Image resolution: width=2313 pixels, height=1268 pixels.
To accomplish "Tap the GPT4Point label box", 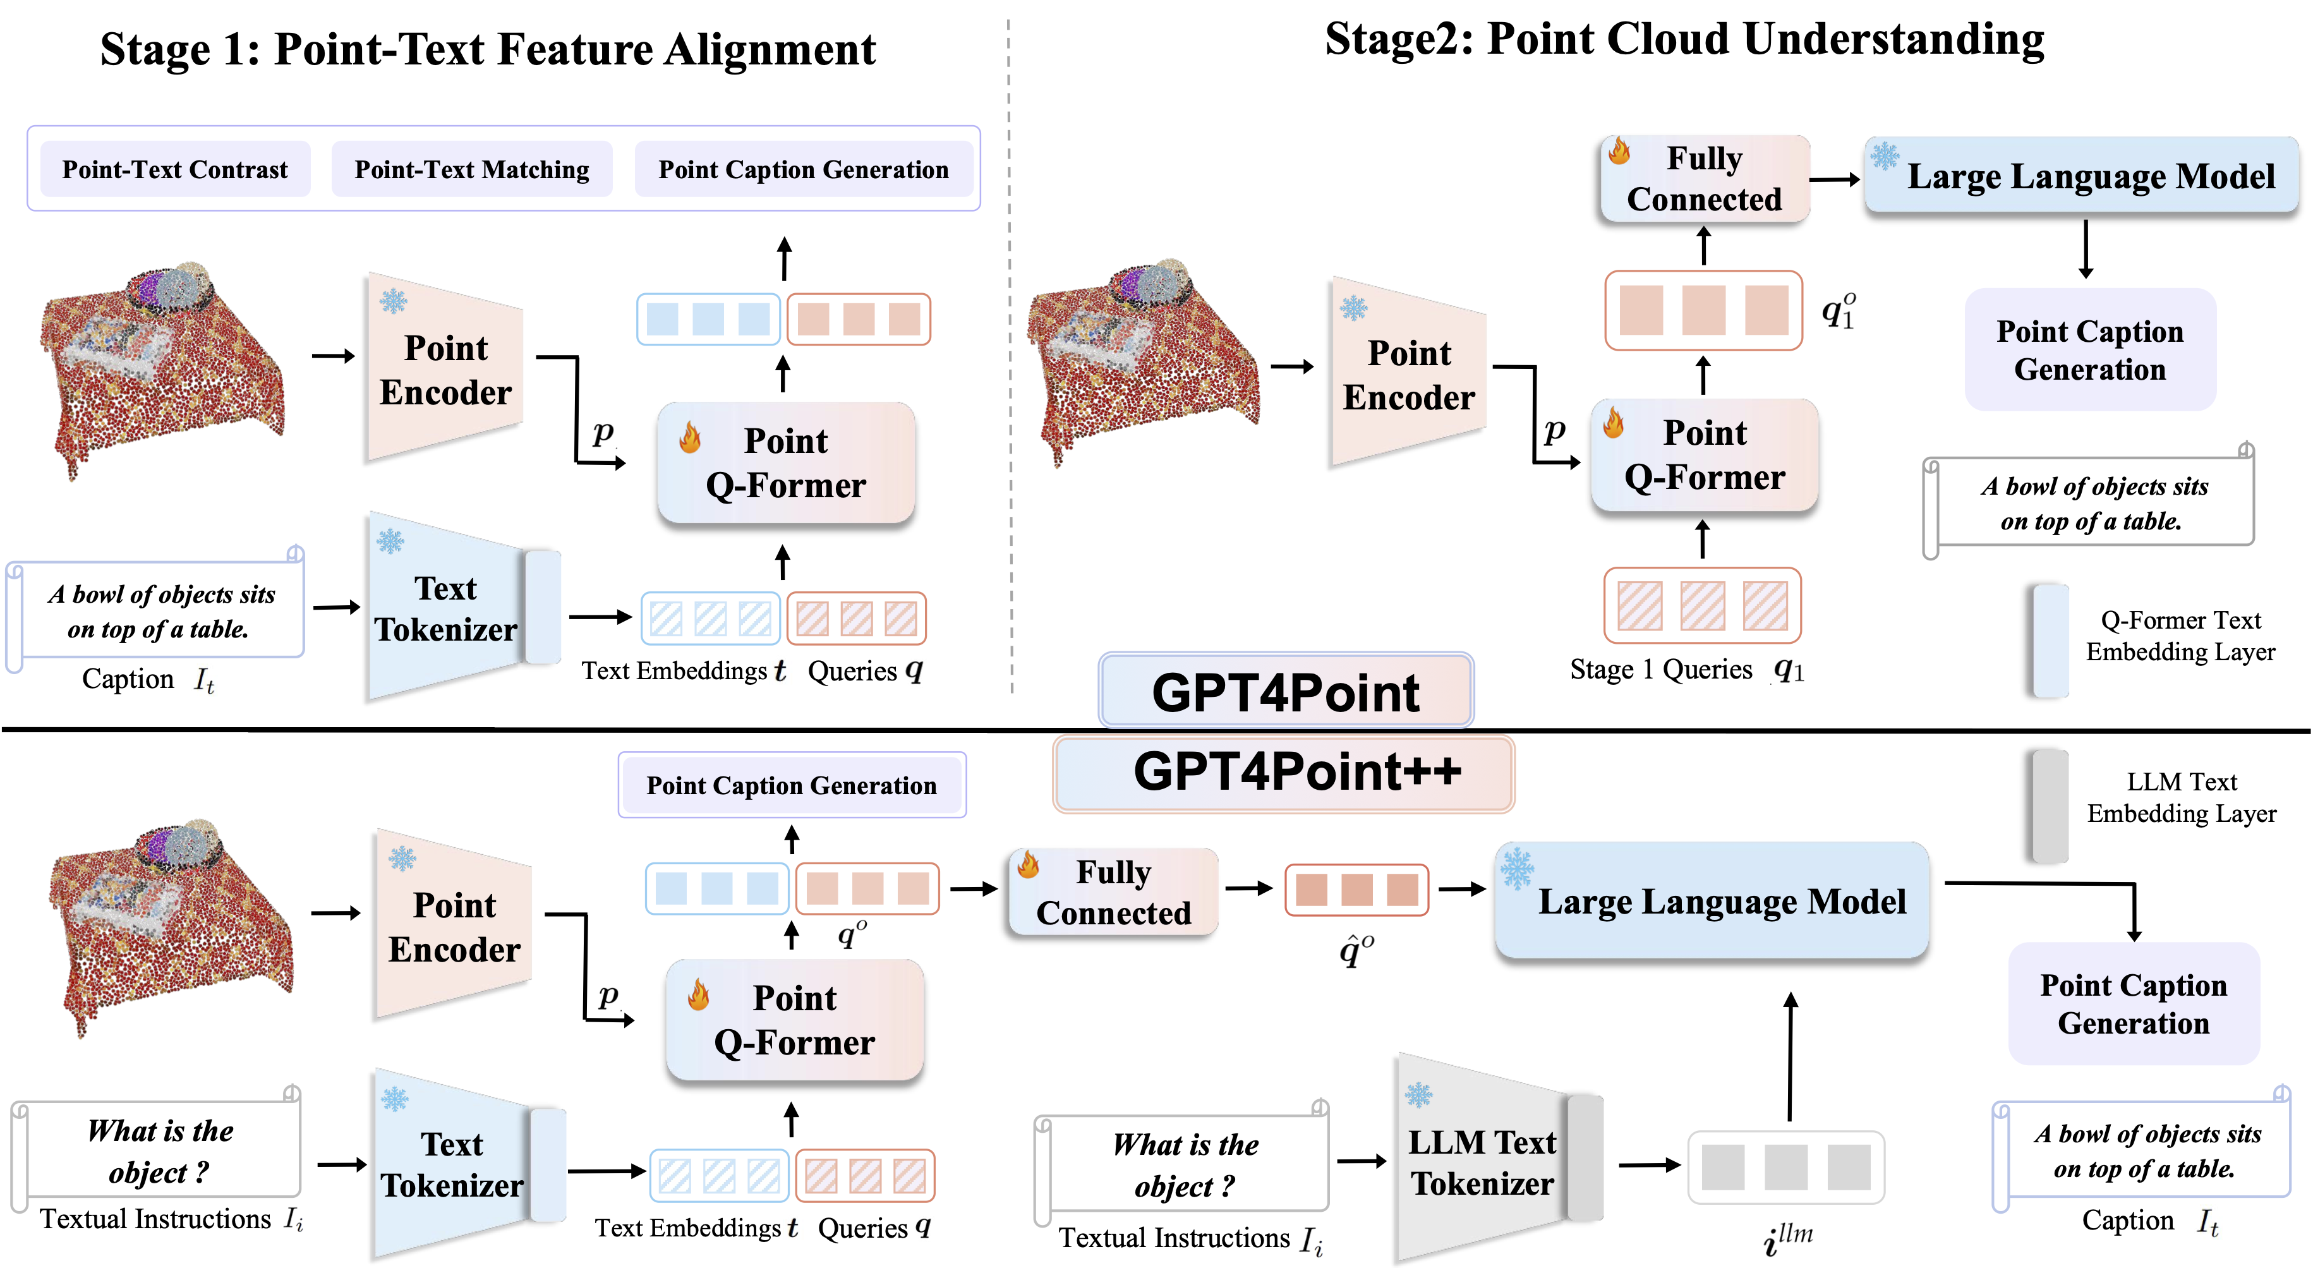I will (x=1285, y=691).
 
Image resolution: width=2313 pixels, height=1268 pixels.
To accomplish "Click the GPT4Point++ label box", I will (x=1284, y=772).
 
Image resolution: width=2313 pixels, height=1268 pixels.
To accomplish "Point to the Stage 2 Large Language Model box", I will (x=2081, y=177).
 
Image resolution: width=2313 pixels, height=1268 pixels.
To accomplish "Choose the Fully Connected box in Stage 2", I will (x=1704, y=179).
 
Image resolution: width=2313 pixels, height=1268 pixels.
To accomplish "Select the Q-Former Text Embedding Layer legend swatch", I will (x=2051, y=640).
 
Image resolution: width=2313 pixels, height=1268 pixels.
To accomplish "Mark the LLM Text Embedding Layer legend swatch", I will (x=2051, y=806).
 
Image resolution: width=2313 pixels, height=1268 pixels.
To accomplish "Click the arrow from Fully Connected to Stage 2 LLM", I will (x=1835, y=179).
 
